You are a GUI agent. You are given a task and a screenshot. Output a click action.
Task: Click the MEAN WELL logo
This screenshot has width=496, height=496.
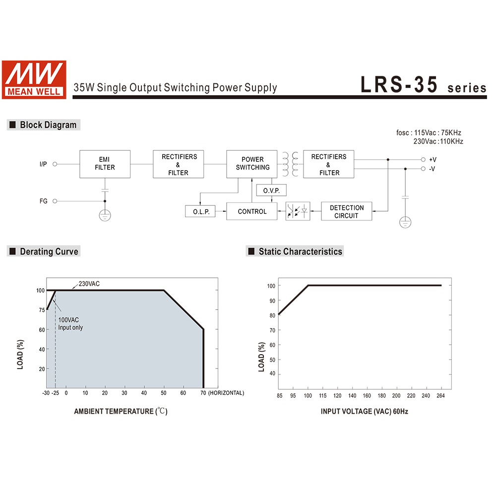tap(34, 79)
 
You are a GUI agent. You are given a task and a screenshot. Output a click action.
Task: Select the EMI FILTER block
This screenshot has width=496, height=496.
tap(105, 164)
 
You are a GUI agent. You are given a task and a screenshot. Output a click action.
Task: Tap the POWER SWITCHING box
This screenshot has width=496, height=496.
tap(252, 164)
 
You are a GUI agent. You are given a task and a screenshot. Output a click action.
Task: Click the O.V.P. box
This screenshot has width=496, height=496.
tap(271, 190)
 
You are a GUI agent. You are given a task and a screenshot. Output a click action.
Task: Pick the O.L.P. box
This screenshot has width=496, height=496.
tap(201, 212)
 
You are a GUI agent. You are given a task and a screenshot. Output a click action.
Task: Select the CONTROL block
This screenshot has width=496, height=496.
tap(252, 212)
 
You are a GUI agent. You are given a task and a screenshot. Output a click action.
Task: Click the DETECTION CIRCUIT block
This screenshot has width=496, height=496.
tap(346, 212)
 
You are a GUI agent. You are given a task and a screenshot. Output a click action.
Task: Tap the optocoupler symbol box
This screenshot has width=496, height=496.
tap(298, 211)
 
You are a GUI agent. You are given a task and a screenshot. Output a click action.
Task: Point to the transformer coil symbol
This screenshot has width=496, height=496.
tap(291, 164)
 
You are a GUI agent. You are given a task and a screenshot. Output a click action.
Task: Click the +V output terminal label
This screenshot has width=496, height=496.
tap(433, 160)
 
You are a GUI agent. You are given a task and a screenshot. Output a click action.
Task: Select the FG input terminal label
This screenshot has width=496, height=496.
tap(44, 201)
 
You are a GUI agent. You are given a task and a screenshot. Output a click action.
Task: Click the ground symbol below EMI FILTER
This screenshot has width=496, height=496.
tap(105, 215)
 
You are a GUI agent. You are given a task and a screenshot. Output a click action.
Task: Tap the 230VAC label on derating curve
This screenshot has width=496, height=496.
tap(89, 284)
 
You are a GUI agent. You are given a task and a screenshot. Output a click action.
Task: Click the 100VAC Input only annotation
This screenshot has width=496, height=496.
tap(70, 323)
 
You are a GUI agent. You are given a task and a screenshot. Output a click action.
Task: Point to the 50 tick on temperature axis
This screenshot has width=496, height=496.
tap(163, 393)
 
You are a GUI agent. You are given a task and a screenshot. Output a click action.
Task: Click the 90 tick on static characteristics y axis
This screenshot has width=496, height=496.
tap(271, 301)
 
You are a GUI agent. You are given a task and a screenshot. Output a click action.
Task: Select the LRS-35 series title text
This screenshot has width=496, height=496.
tap(423, 85)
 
